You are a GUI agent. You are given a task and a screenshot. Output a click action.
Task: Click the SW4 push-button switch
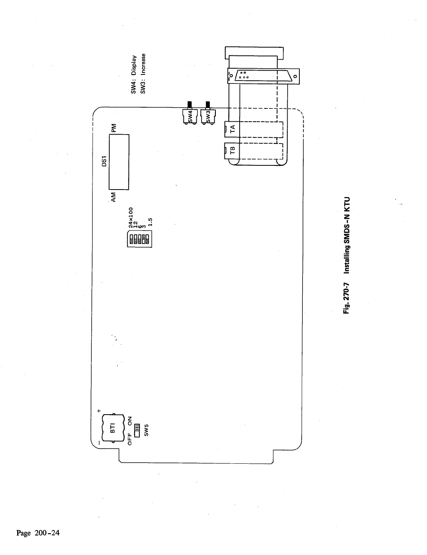tap(190, 116)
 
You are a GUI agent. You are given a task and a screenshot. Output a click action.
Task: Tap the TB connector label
tap(233, 151)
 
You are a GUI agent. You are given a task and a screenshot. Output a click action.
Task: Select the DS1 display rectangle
tap(118, 162)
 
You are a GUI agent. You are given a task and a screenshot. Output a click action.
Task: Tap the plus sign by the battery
tap(99, 411)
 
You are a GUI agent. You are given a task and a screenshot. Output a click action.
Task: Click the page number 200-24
tap(37, 533)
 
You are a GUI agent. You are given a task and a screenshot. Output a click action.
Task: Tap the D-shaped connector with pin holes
tap(262, 75)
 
